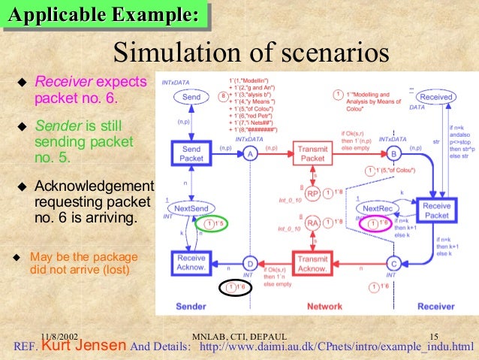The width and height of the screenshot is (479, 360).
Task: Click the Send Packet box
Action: (191, 153)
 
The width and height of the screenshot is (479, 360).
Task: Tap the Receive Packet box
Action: (436, 210)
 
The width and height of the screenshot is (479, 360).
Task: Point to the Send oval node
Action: (191, 97)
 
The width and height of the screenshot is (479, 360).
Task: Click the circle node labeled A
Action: (250, 153)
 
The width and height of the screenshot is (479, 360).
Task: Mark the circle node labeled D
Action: (250, 264)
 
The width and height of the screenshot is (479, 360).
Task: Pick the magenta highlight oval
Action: (376, 223)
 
